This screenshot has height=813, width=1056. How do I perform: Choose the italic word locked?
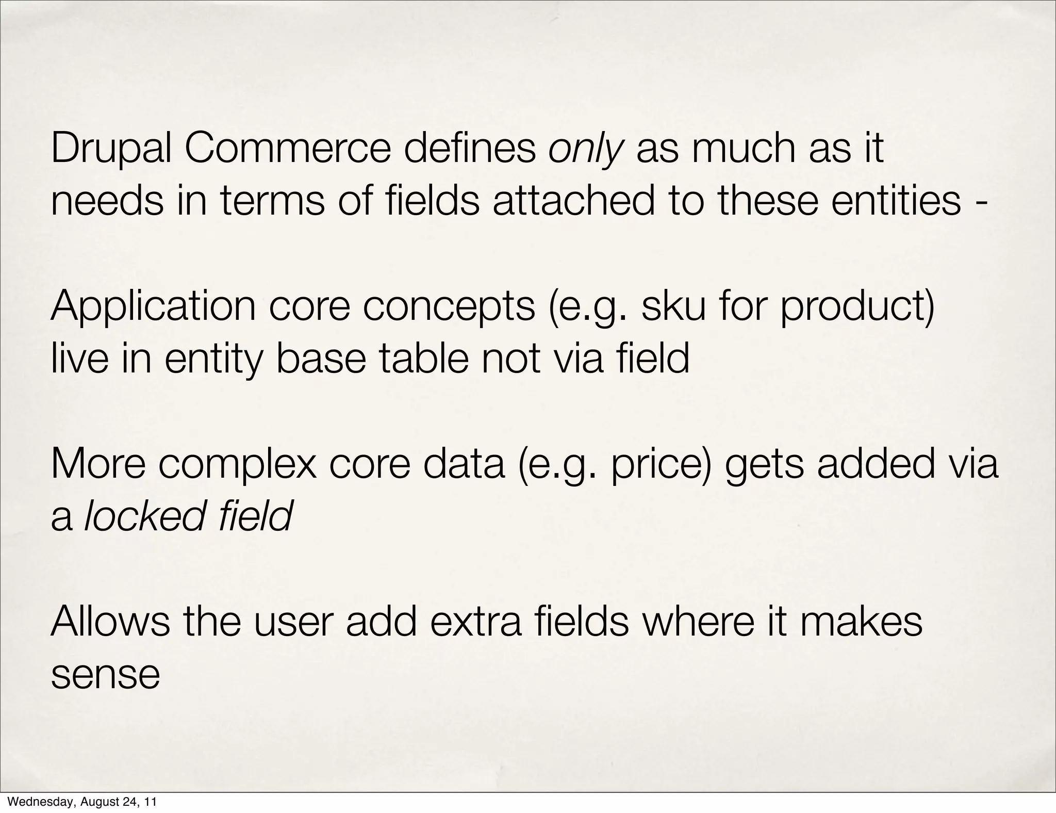pyautogui.click(x=144, y=516)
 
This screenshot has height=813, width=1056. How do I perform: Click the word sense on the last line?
pyautogui.click(x=106, y=675)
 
